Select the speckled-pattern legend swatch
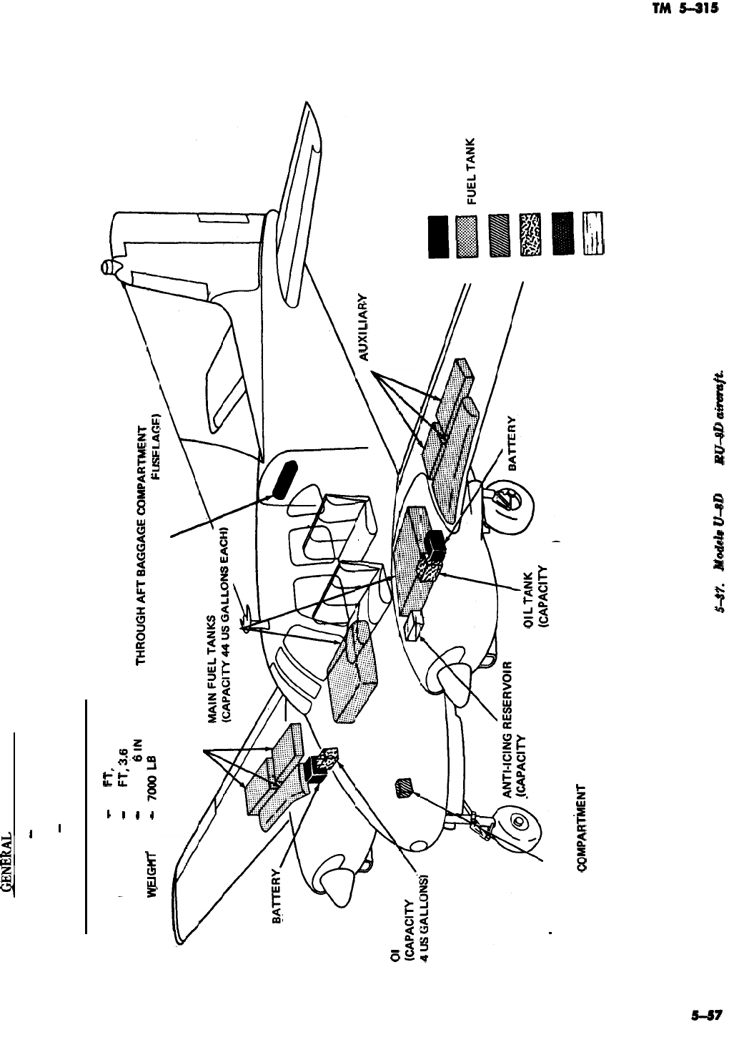(531, 234)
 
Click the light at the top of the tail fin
(107, 268)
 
